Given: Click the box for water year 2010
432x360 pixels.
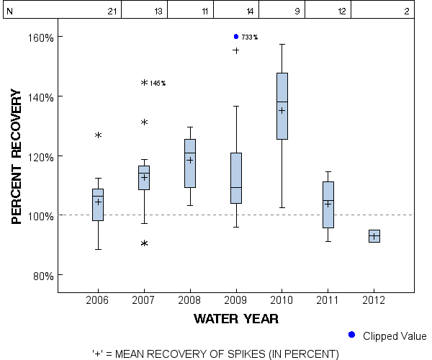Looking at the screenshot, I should tap(282, 106).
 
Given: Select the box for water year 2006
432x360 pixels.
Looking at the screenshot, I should tap(98, 204).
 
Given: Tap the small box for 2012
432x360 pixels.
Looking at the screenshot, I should tap(374, 236).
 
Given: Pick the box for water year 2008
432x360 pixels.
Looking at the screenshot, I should tap(190, 163).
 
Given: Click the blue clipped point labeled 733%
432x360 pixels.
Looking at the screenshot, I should tap(236, 36).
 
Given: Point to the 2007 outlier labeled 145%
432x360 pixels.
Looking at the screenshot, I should tap(144, 83).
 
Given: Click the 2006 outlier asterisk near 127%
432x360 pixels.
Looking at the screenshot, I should tap(98, 135).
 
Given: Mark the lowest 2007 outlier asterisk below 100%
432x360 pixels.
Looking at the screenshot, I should tap(144, 243).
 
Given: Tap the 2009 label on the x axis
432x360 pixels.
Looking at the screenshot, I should tap(236, 300).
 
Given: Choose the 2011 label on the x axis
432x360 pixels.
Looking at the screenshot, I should tap(328, 300).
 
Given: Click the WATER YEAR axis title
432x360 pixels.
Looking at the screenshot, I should tap(236, 318).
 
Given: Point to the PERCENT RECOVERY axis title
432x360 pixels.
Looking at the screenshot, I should tap(19, 156).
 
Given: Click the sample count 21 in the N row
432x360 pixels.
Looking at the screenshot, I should tap(112, 11).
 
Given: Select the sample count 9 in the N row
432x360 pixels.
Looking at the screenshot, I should tap(297, 11).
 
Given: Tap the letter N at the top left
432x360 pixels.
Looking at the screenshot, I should tap(9, 11).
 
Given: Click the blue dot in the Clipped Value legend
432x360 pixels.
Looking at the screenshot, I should tap(351, 335).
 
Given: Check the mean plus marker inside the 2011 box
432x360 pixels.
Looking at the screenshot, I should tap(328, 204).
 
